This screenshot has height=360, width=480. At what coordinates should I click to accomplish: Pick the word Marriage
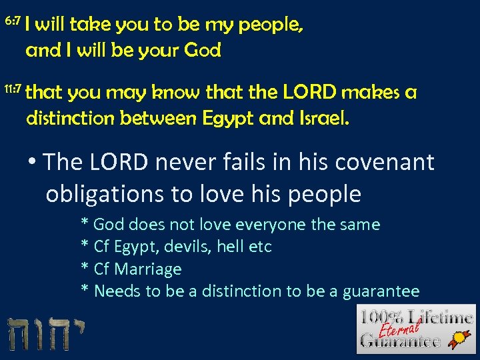(x=148, y=269)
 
